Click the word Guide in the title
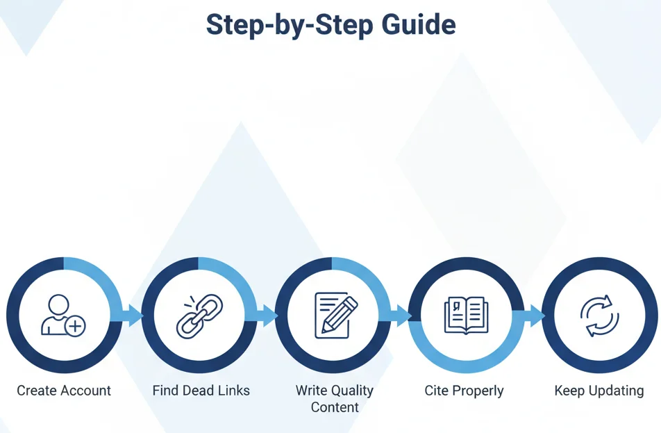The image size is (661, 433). click(x=418, y=26)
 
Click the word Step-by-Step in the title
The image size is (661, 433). click(x=290, y=26)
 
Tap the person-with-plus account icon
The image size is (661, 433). click(x=62, y=316)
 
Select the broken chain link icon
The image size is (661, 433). click(x=199, y=316)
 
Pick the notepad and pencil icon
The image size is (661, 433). click(x=335, y=314)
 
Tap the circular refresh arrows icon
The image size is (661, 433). click(x=599, y=316)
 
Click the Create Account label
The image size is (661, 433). click(x=64, y=391)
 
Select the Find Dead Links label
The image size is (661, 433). click(x=201, y=391)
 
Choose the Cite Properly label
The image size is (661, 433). click(x=464, y=391)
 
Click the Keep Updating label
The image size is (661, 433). click(x=599, y=391)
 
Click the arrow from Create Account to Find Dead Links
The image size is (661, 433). click(x=132, y=316)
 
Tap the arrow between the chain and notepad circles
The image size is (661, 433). click(x=266, y=316)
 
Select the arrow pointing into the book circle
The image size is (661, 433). click(x=400, y=316)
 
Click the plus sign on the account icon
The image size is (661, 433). click(x=75, y=325)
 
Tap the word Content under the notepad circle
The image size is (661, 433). click(x=335, y=407)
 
